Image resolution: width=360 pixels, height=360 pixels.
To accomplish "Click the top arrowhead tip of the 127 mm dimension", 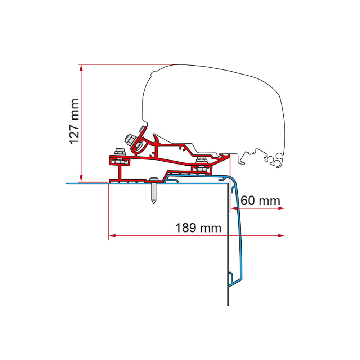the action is pyautogui.click(x=81, y=65).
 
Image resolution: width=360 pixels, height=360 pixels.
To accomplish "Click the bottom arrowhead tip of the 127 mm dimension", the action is pyautogui.click(x=81, y=181).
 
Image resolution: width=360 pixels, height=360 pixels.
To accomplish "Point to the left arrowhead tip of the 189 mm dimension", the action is pyautogui.click(x=109, y=235).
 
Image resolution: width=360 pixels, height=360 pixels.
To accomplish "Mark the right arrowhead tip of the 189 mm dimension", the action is pyautogui.click(x=284, y=235).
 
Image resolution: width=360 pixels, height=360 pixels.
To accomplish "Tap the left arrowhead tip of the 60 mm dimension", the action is pyautogui.click(x=230, y=208).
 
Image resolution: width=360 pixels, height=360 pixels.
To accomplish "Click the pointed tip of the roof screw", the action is pyautogui.click(x=153, y=204).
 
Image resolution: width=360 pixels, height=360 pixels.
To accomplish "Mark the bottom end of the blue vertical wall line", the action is pyautogui.click(x=228, y=305).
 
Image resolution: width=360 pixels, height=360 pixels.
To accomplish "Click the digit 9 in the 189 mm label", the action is pyautogui.click(x=192, y=228).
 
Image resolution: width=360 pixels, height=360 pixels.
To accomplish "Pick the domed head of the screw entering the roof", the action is pyautogui.click(x=153, y=179).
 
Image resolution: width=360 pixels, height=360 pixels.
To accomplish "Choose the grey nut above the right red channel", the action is pyautogui.click(x=202, y=159).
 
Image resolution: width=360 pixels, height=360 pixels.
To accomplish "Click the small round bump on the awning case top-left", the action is pyautogui.click(x=153, y=73).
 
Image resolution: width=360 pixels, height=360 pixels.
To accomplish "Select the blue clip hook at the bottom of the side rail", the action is pyautogui.click(x=231, y=278).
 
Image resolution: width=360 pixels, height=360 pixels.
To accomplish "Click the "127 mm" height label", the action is pyautogui.click(x=75, y=122).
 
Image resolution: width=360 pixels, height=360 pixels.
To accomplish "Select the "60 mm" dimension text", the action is pyautogui.click(x=260, y=201).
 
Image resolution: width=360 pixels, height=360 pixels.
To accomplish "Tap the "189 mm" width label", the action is pyautogui.click(x=198, y=228).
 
